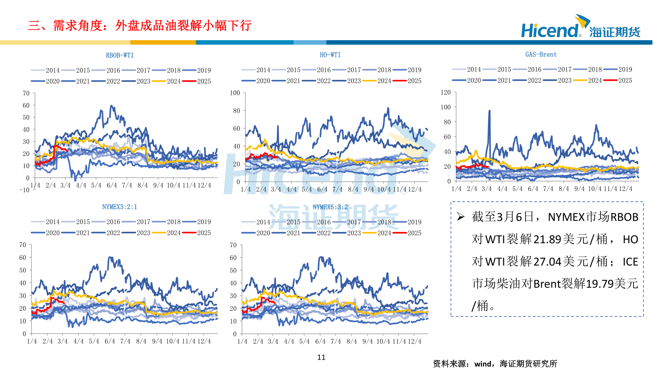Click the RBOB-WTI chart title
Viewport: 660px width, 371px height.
pyautogui.click(x=120, y=55)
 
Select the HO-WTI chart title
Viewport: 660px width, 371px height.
pyautogui.click(x=330, y=55)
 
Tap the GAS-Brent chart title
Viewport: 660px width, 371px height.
pyautogui.click(x=541, y=55)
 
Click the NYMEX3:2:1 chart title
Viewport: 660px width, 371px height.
pyautogui.click(x=120, y=207)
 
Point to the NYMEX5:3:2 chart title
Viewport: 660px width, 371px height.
pyautogui.click(x=330, y=207)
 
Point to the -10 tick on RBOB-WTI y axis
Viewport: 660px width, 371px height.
pyautogui.click(x=24, y=190)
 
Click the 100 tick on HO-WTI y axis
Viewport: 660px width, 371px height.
pyautogui.click(x=235, y=93)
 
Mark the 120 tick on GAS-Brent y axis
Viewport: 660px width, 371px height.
pyautogui.click(x=445, y=92)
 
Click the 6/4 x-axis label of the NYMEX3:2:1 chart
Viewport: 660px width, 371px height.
pyautogui.click(x=110, y=341)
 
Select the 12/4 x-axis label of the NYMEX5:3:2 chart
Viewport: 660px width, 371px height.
pyautogui.click(x=415, y=341)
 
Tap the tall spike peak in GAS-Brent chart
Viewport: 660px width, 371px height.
pyautogui.click(x=489, y=111)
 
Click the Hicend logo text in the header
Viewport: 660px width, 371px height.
pyautogui.click(x=549, y=31)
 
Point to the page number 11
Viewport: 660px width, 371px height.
pyautogui.click(x=321, y=358)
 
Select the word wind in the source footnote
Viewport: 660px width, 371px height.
pyautogui.click(x=483, y=364)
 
